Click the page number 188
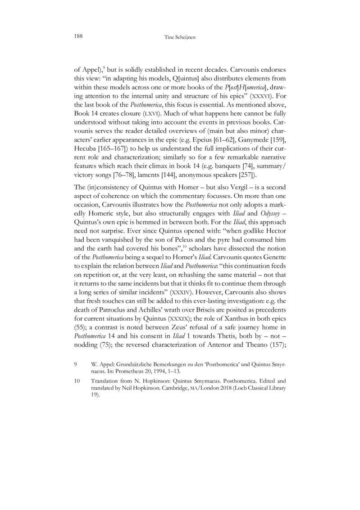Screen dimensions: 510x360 (78, 36)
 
